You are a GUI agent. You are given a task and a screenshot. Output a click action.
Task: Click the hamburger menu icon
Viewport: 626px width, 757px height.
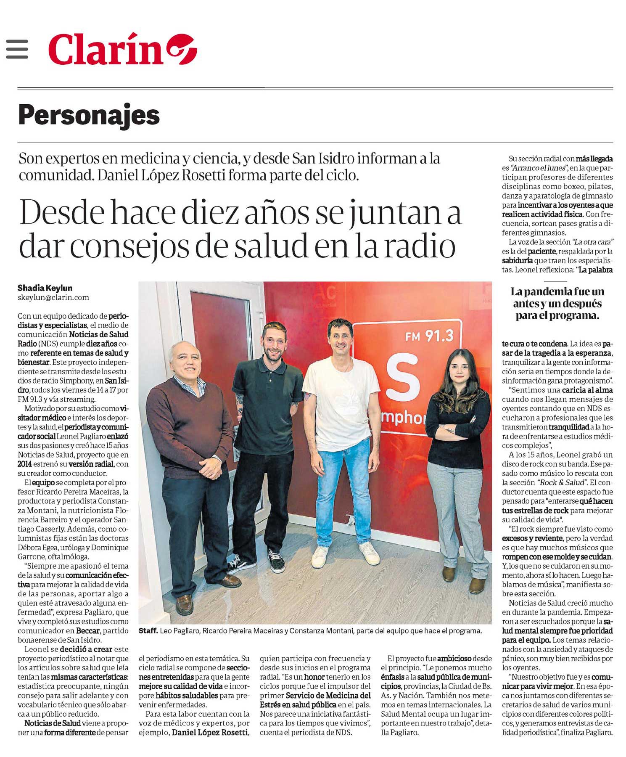click(x=17, y=49)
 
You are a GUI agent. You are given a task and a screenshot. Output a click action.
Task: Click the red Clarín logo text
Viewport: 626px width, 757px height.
click(x=106, y=49)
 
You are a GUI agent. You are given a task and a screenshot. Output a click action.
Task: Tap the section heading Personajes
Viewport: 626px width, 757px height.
click(x=89, y=115)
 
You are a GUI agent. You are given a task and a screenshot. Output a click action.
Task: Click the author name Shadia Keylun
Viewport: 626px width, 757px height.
click(x=45, y=288)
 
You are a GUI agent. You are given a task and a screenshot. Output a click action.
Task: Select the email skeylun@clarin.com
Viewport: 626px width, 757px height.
click(x=53, y=298)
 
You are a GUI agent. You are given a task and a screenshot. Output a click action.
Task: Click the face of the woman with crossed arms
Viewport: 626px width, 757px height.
click(x=459, y=370)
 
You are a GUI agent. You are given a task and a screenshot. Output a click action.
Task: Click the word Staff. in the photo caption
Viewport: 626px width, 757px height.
click(x=148, y=631)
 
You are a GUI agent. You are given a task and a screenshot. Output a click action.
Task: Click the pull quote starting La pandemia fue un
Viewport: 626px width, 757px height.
click(x=557, y=303)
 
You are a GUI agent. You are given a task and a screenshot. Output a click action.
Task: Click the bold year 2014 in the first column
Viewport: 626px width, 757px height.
click(x=25, y=464)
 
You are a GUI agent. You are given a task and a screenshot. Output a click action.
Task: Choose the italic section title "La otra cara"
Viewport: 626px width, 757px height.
click(x=592, y=242)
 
